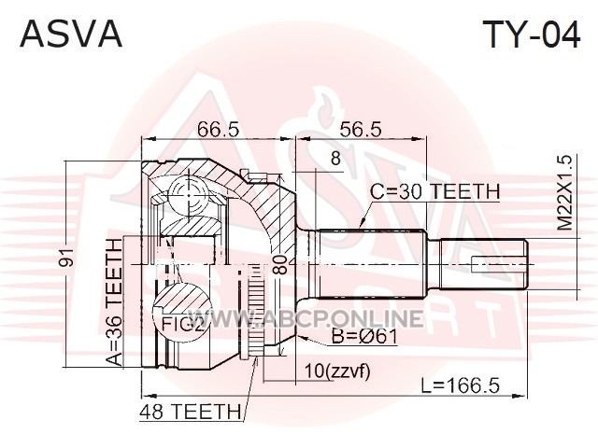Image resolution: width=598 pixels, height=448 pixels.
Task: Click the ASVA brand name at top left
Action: point(71,34)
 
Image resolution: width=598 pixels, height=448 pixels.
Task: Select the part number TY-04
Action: point(532,34)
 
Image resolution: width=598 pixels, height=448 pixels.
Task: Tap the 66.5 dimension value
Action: point(218,129)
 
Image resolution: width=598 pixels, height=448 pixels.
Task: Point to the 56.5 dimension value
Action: point(360,129)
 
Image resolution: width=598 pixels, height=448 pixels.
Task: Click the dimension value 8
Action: point(335,158)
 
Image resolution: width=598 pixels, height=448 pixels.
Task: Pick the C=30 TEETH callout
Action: point(435,191)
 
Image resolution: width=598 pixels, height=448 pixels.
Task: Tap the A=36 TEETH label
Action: point(114,302)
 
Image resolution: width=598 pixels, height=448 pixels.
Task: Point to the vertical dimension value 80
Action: point(280,264)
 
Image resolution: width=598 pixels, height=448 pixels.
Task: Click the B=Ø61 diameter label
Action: point(364,337)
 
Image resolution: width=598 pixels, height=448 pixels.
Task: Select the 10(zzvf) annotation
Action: point(337,371)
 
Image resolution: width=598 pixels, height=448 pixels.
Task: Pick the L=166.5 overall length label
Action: point(461,385)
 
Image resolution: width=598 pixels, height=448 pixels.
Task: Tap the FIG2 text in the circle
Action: point(182,324)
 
